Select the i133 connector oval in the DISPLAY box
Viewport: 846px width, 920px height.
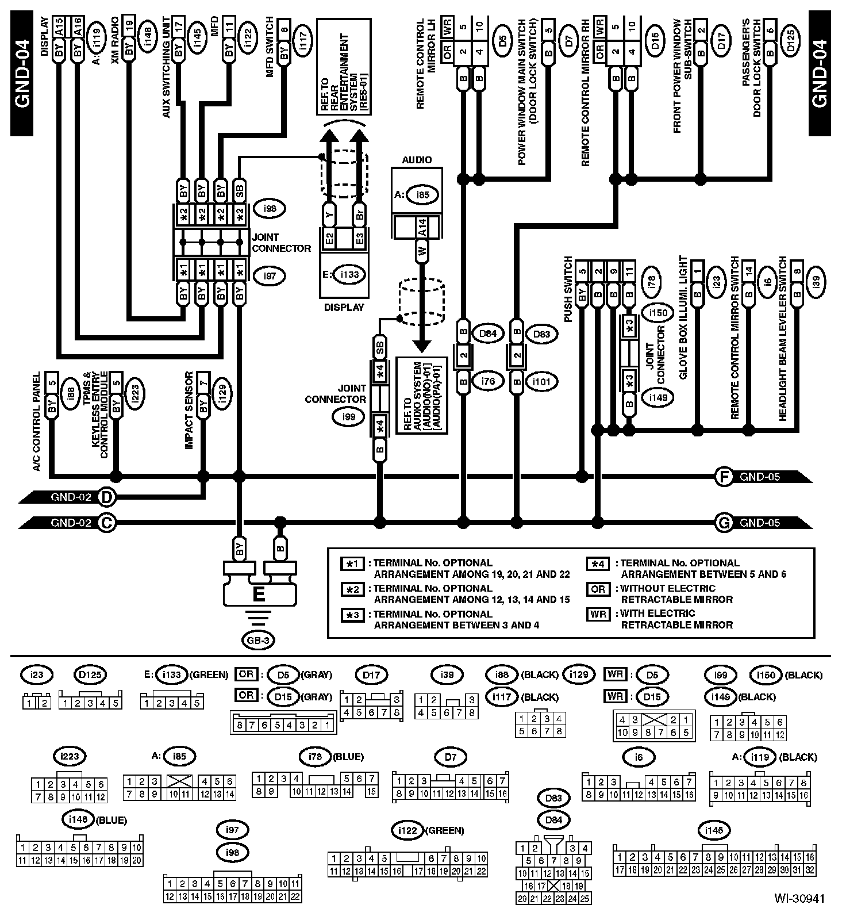point(349,274)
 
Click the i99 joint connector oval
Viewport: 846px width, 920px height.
point(349,417)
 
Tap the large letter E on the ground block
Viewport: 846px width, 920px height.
point(259,593)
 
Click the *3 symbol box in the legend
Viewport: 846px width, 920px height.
point(352,614)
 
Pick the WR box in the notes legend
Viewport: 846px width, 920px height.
point(598,614)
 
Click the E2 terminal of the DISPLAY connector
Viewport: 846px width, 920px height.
point(329,238)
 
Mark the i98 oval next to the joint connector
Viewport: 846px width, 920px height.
point(269,209)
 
